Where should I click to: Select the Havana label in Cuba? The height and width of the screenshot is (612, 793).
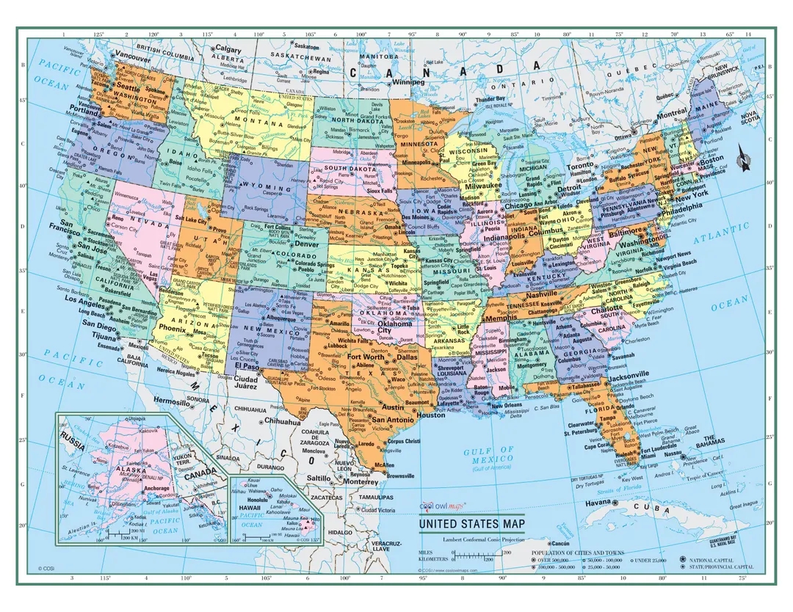(598, 502)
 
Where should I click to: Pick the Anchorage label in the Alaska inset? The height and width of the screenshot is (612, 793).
(156, 488)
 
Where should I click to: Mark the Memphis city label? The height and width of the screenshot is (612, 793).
(501, 318)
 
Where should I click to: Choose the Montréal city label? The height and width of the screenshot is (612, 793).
(671, 114)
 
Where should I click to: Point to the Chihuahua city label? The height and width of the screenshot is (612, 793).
(283, 422)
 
